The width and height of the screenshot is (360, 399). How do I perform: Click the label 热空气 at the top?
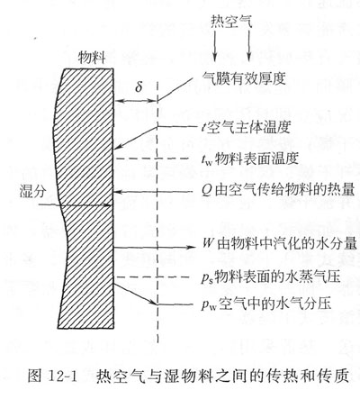[231, 21]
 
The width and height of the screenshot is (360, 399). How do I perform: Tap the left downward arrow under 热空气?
[214, 46]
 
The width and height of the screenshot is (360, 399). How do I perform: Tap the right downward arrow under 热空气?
[248, 46]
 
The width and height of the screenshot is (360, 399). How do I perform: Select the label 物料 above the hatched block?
[92, 57]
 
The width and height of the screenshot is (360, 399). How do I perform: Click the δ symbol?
[139, 87]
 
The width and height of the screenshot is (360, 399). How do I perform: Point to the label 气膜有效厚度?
[244, 79]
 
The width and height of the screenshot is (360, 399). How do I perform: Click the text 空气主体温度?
[248, 127]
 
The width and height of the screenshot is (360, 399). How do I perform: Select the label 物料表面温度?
[256, 159]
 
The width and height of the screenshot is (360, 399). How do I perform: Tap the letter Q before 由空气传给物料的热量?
[206, 191]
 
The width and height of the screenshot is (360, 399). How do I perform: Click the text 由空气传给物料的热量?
[284, 190]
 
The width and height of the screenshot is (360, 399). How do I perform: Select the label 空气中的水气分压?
[274, 304]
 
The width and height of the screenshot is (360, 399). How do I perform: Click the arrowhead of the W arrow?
[192, 248]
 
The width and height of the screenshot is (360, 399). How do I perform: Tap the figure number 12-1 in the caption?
[62, 376]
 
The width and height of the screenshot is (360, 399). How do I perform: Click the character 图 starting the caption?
[34, 376]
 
